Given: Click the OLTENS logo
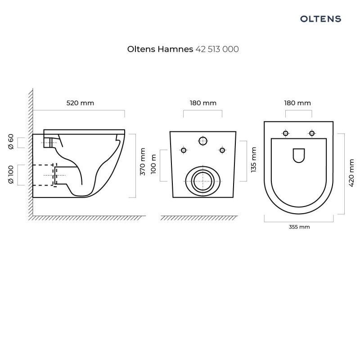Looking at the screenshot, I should (x=320, y=19).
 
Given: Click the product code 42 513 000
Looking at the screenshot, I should (x=217, y=49).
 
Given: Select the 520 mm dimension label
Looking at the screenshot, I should (x=80, y=103).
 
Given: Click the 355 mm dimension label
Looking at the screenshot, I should (x=299, y=227).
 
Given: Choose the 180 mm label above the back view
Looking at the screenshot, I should (x=203, y=103).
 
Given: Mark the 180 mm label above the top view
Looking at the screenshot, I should (x=297, y=103).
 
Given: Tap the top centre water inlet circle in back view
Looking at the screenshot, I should (x=203, y=141).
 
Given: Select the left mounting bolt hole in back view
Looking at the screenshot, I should (x=184, y=150).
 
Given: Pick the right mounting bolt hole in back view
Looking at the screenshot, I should (x=222, y=150).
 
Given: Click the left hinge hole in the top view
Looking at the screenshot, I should (x=285, y=133).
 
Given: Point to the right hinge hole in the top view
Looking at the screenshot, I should (x=311, y=133).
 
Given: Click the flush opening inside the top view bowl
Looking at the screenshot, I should (x=298, y=156).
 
